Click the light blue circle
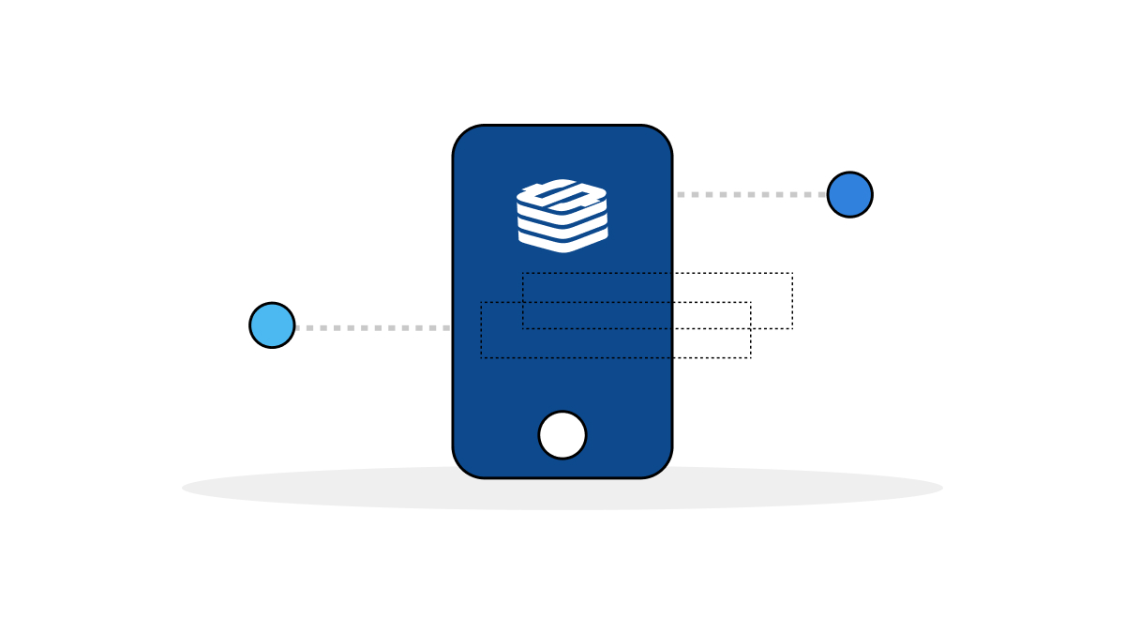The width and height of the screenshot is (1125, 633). click(x=272, y=325)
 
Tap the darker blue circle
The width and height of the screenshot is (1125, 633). click(x=849, y=194)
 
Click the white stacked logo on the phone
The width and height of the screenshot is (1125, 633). click(x=562, y=216)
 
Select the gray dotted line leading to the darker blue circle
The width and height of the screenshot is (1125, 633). click(x=750, y=194)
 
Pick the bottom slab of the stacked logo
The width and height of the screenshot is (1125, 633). click(x=562, y=240)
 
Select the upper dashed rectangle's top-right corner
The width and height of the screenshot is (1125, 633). click(x=792, y=274)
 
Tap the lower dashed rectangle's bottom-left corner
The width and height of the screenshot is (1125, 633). click(x=482, y=357)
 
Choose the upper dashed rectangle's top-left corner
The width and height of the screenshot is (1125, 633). click(x=523, y=274)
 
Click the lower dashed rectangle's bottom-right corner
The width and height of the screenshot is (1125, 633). click(x=750, y=357)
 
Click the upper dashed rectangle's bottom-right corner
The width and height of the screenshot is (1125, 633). click(x=792, y=328)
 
